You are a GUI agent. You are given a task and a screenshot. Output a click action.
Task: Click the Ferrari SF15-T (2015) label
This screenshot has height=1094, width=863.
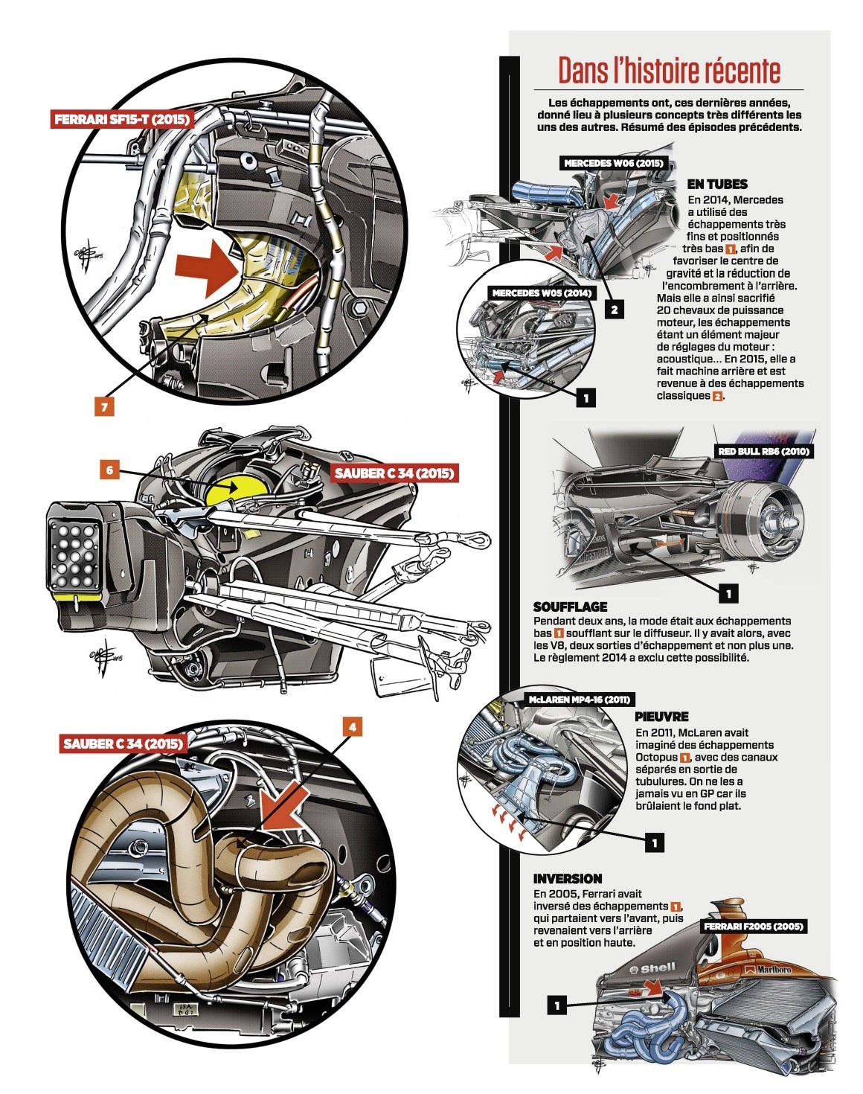122,120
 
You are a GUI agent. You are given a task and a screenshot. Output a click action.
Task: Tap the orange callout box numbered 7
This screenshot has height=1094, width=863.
104,406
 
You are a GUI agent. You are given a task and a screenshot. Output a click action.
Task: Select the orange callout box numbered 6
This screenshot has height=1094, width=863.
110,470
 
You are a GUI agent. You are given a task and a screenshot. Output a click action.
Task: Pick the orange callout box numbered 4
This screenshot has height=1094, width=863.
352,726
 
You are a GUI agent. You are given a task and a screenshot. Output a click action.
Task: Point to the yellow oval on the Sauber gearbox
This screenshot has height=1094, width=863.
237,489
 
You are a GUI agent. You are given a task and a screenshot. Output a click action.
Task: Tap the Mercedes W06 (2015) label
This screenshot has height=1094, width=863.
613,163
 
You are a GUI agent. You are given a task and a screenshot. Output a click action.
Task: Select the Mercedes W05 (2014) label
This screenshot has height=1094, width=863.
542,293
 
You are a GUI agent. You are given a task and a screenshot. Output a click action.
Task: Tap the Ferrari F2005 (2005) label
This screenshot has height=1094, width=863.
753,927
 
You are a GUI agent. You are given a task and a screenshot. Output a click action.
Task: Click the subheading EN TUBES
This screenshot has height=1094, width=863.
717,184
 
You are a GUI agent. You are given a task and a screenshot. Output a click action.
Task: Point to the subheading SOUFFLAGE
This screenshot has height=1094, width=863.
571,607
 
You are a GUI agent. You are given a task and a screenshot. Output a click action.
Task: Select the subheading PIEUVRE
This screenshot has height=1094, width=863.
661,716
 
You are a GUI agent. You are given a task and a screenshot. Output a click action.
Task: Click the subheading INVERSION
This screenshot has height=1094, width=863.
567,878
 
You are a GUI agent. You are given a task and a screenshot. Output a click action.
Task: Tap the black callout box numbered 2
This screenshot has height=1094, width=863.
615,309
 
